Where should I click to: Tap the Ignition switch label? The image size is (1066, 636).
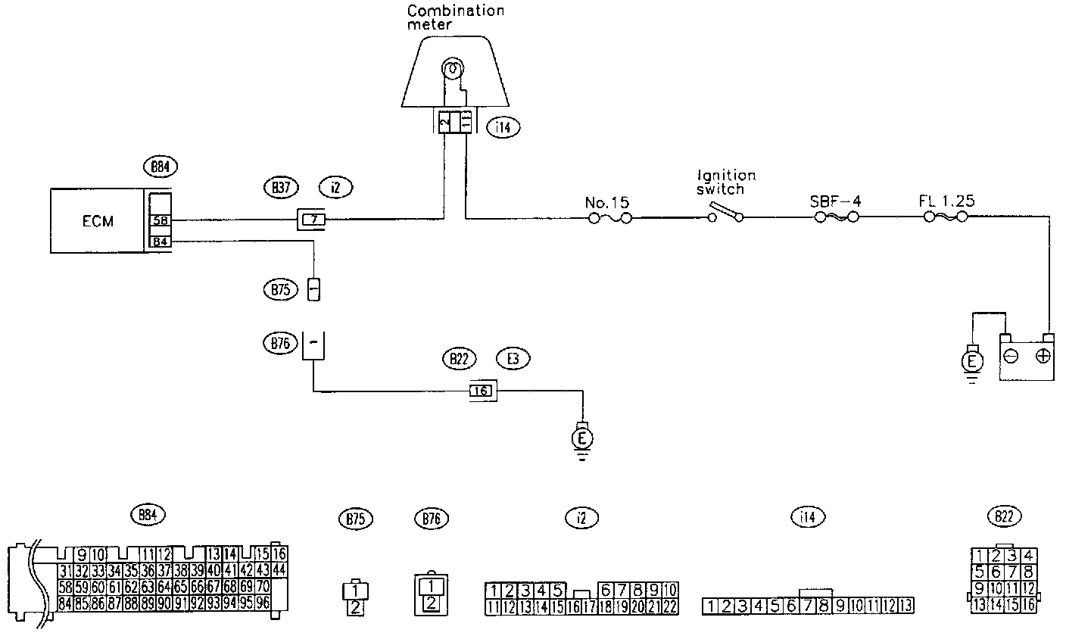pos(726,182)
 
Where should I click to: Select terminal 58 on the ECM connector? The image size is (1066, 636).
pos(160,221)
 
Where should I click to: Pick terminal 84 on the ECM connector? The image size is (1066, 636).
pos(160,242)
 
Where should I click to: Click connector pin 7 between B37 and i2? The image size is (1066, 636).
pos(312,220)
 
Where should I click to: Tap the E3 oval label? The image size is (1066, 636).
pos(513,359)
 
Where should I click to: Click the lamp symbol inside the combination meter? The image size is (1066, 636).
pos(451,70)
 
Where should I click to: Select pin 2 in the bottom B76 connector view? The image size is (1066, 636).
pos(430,603)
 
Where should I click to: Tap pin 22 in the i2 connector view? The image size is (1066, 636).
pos(670,606)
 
